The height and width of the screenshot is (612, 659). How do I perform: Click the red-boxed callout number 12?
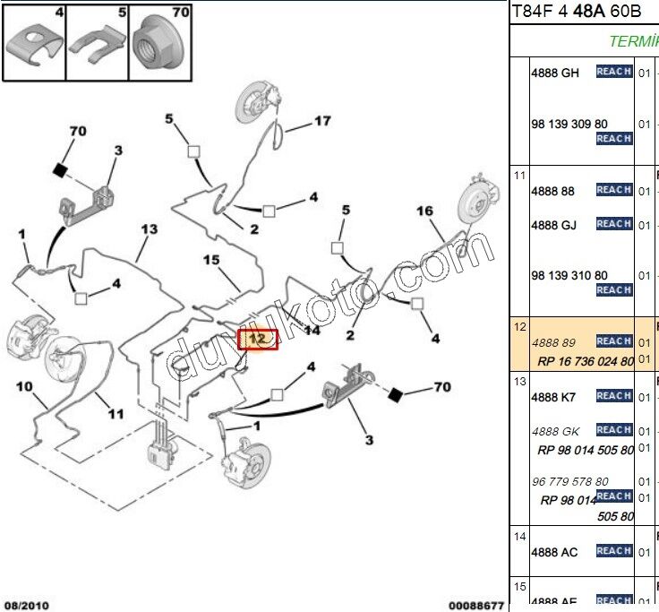tap(257, 340)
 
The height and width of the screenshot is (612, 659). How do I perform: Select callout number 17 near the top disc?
tap(322, 121)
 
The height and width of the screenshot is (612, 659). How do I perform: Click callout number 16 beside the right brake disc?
tap(424, 211)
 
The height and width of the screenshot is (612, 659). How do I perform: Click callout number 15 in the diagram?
tap(210, 260)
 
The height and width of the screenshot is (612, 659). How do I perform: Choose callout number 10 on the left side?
tap(24, 387)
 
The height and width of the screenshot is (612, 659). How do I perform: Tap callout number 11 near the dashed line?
tap(116, 413)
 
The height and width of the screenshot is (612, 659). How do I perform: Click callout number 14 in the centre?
tap(312, 330)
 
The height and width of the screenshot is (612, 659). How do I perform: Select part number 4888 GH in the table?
tap(555, 73)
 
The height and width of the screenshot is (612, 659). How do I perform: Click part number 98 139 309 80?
tap(569, 125)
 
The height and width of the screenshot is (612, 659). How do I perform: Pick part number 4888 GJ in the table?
tap(554, 225)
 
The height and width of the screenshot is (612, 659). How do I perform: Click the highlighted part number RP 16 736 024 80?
tap(586, 361)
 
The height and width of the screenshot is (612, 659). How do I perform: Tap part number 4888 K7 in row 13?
tap(554, 397)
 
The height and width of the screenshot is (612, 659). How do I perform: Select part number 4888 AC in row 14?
tap(554, 552)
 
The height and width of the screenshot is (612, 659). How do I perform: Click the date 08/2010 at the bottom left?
tap(25, 605)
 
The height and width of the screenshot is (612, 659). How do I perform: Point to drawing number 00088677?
tap(476, 605)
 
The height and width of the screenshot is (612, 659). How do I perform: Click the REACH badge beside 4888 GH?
tap(614, 72)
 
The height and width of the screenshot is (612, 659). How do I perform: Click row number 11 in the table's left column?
tap(519, 175)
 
